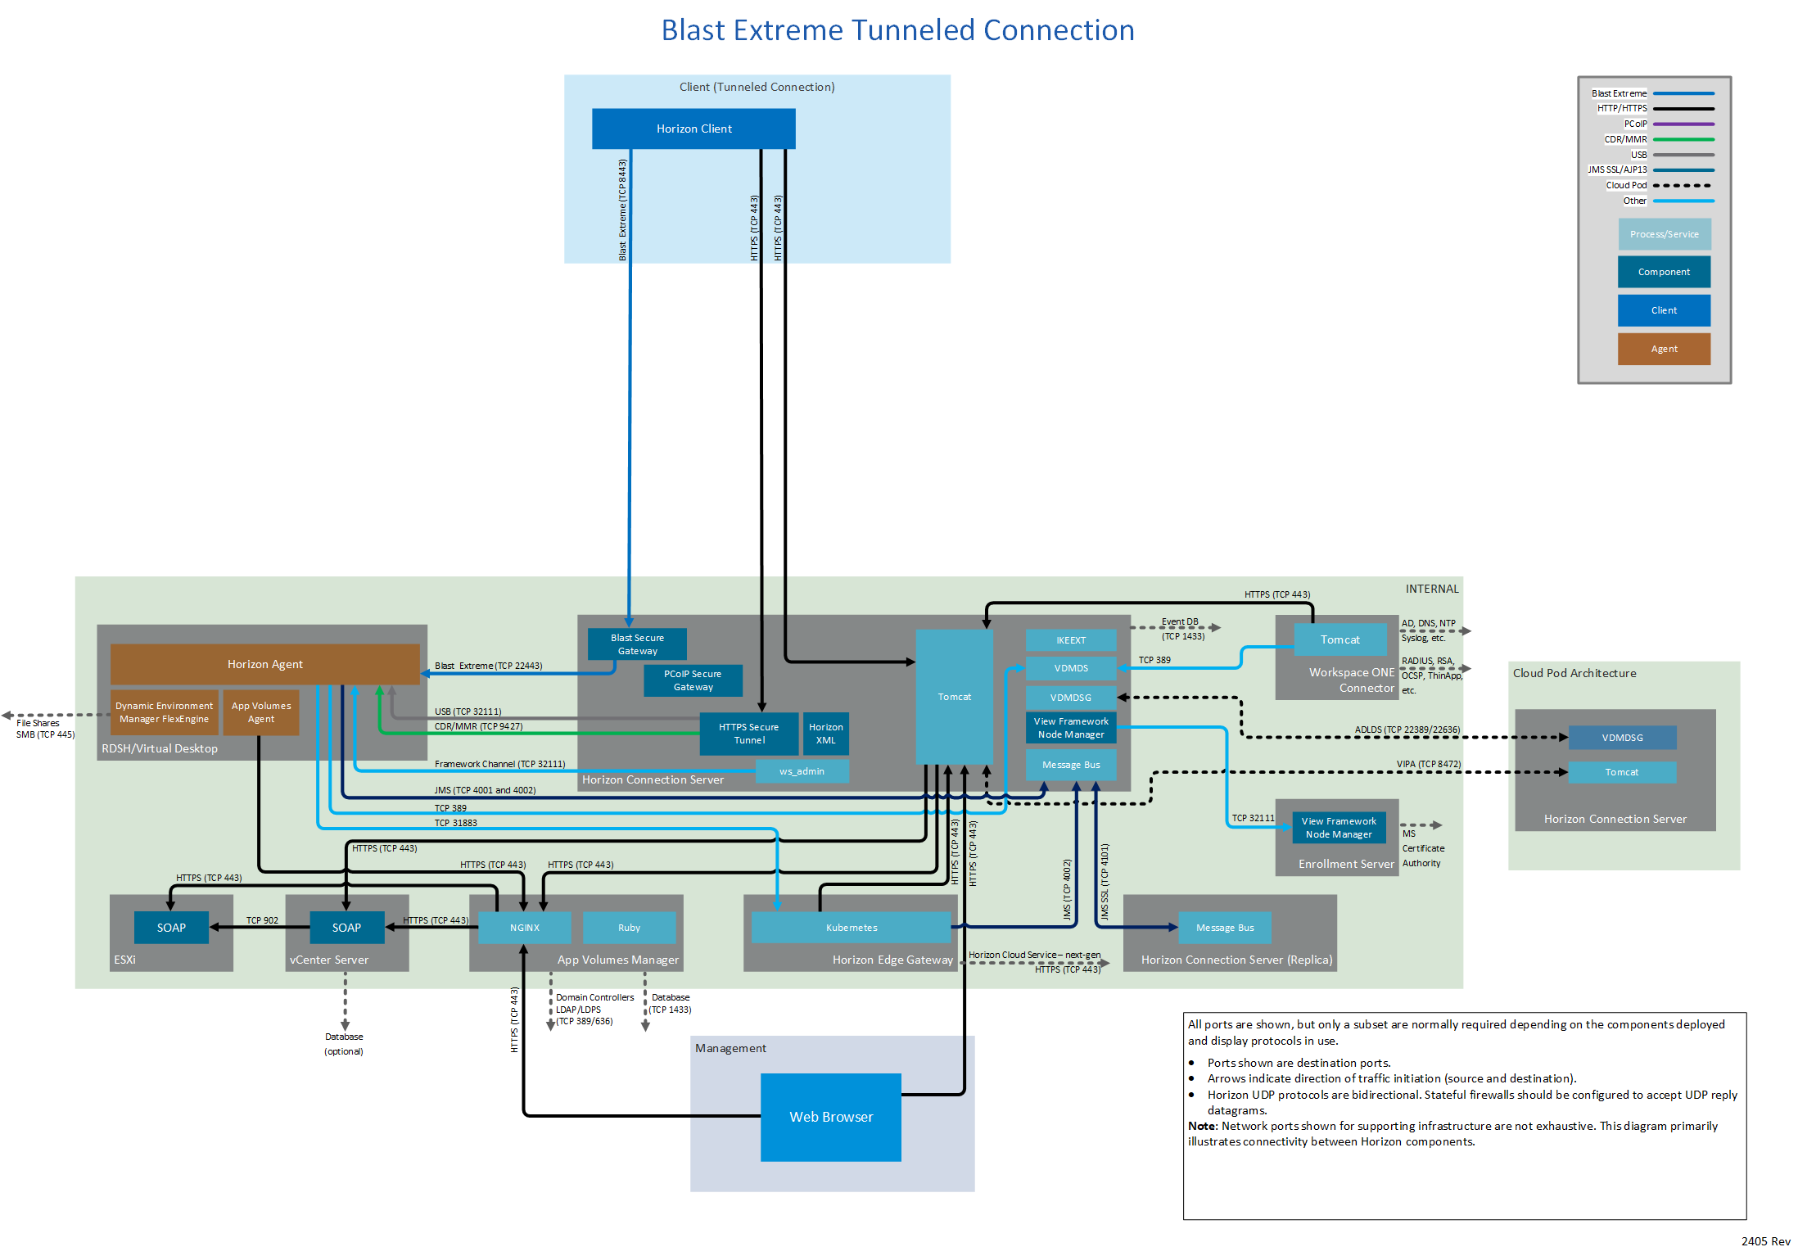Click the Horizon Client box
693,129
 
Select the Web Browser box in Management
830,1117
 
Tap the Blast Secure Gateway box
637,644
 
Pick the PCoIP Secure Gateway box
693,680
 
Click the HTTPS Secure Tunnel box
748,734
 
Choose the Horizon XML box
825,734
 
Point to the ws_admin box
802,771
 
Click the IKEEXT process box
1070,640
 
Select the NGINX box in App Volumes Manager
524,928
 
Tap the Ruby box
629,928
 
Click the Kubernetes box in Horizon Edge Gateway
851,928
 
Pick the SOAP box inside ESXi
171,928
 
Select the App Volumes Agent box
261,712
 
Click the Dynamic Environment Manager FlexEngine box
164,712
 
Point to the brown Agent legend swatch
1664,349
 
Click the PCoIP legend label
1635,124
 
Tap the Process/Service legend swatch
1664,234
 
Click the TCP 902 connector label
262,920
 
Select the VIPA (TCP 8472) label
1428,765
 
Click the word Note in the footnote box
1202,1127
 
